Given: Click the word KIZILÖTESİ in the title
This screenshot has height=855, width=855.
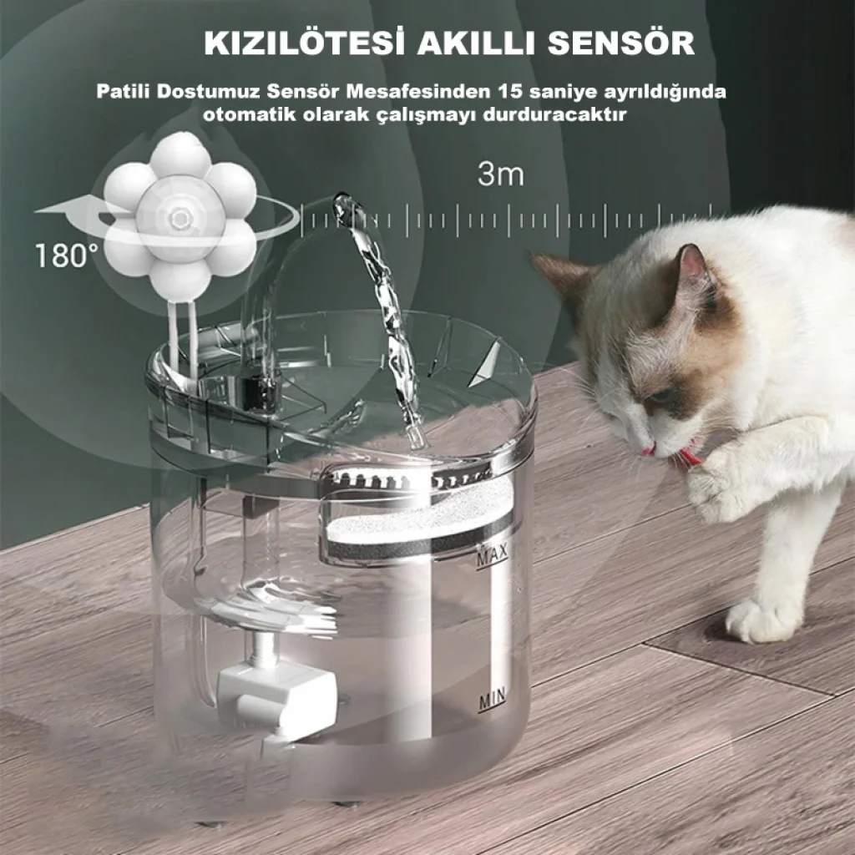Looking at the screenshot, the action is point(304,43).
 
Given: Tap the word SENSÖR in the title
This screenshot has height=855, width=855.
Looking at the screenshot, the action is point(621,43).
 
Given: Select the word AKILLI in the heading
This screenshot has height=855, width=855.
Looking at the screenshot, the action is point(476,43).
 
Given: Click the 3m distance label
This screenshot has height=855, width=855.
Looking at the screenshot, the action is point(501,174).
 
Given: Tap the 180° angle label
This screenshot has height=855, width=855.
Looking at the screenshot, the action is point(67,255).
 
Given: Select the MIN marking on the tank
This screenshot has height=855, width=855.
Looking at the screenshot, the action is point(492,699).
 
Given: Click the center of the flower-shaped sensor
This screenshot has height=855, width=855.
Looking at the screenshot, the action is point(179,219).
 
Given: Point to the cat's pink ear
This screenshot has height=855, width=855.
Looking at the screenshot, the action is point(694,266).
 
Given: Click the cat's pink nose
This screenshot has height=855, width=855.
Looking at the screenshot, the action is point(648,452).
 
